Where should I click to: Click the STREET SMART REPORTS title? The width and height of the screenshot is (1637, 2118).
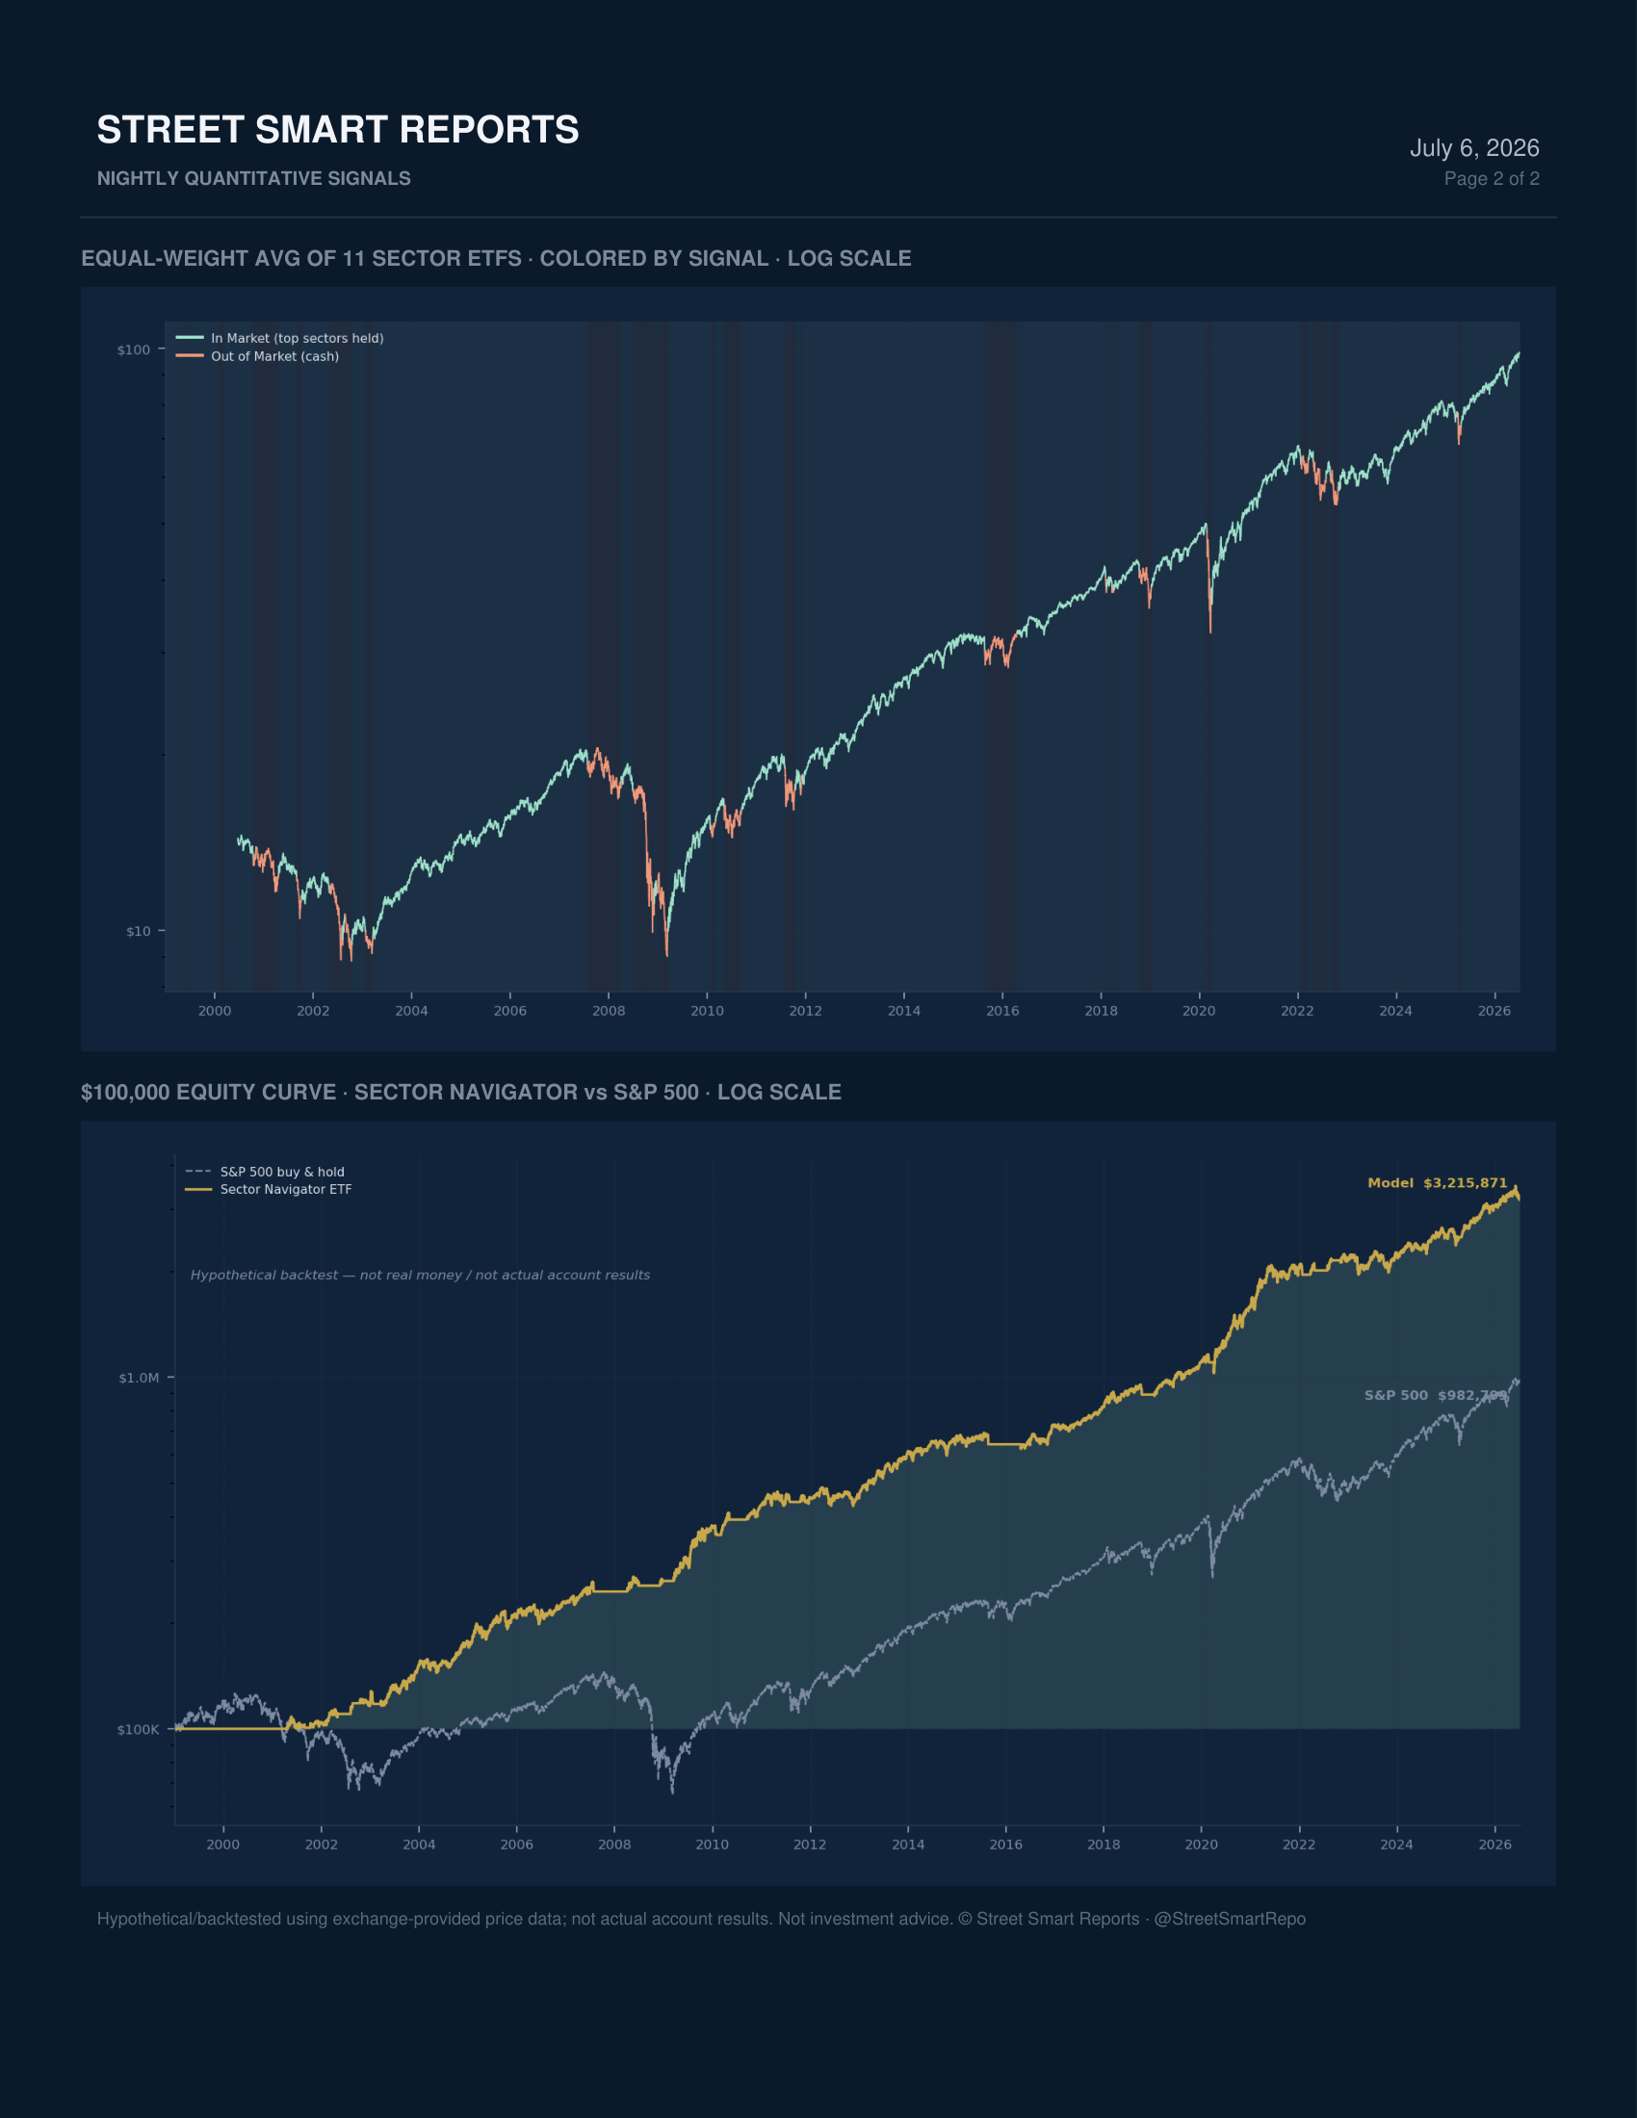coord(337,130)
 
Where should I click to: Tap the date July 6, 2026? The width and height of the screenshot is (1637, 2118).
coord(1474,147)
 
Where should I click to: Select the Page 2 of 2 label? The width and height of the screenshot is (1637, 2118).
coord(1492,178)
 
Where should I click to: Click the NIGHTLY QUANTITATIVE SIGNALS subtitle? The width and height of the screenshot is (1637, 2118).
coord(253,178)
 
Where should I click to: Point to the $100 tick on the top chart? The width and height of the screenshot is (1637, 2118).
coord(134,350)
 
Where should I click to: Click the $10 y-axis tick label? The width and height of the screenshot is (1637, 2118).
coord(139,931)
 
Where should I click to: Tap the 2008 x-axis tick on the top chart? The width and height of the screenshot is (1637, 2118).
coord(608,1011)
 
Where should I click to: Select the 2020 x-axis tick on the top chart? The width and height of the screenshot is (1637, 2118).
coord(1199,1011)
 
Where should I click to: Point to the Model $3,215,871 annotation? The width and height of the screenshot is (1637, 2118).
coord(1438,1183)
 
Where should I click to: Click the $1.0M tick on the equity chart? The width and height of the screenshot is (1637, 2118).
coord(139,1378)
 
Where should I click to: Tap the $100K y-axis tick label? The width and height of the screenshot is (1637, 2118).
coord(138,1730)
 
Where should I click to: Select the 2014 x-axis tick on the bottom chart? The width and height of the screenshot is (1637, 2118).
coord(908,1845)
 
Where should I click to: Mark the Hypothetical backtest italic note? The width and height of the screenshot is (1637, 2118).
coord(420,1276)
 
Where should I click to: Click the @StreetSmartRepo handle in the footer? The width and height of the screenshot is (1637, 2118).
coord(1230,1919)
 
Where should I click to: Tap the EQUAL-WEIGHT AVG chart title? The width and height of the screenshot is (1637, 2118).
coord(496,259)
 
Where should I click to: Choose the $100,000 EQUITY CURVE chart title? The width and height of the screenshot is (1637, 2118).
coord(460,1093)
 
